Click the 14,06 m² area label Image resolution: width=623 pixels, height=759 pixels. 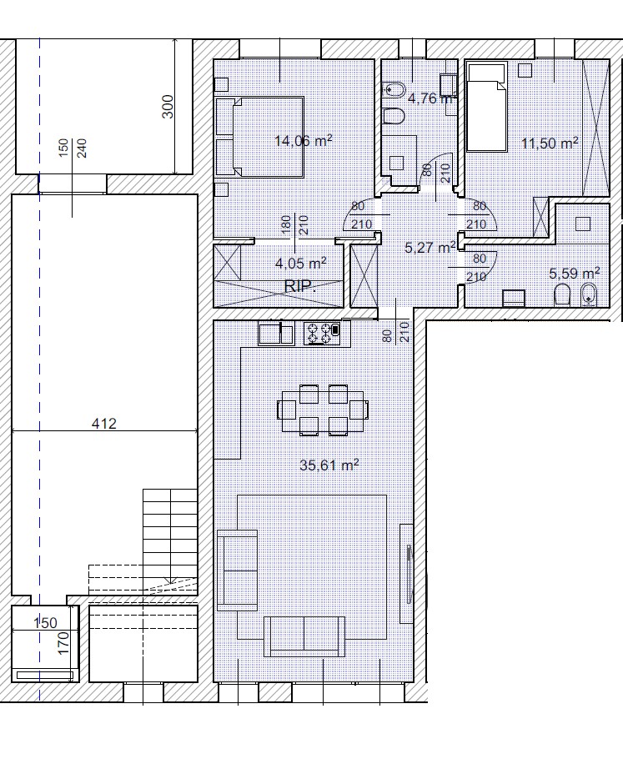[303, 141]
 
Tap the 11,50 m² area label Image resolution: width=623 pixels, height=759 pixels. [550, 143]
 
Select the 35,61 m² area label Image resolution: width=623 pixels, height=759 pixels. [329, 465]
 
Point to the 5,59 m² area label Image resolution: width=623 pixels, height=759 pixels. [575, 274]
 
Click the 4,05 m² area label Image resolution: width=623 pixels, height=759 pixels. [300, 264]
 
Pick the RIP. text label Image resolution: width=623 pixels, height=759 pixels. [300, 287]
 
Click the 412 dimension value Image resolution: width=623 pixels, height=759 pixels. [104, 424]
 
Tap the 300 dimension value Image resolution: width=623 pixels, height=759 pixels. [168, 107]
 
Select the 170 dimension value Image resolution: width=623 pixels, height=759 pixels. [63, 643]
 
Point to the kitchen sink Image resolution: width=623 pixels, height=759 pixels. [276, 334]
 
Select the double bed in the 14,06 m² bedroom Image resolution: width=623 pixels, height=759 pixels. [260, 137]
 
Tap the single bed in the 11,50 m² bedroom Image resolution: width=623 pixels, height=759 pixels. [486, 106]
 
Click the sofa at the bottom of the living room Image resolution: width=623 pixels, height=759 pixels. [304, 636]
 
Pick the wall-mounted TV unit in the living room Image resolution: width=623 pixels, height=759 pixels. [405, 574]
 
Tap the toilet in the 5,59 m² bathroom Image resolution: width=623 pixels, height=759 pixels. [562, 294]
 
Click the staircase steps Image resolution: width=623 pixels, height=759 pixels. [170, 537]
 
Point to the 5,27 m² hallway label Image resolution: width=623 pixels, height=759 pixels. [430, 248]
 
